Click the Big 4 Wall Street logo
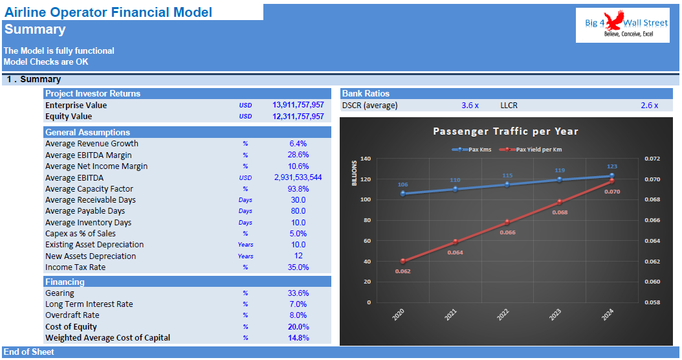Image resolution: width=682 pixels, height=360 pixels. pyautogui.click(x=622, y=26)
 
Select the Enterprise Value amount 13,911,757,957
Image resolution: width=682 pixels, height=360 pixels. pyautogui.click(x=298, y=105)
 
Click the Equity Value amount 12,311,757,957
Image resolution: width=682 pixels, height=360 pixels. pyautogui.click(x=298, y=117)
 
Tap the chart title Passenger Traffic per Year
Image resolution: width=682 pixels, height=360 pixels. pyautogui.click(x=505, y=131)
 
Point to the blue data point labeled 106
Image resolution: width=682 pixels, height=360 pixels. pyautogui.click(x=402, y=194)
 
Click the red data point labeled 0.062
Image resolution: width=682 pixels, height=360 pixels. pyautogui.click(x=402, y=261)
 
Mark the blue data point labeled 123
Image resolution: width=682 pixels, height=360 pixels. pyautogui.click(x=611, y=175)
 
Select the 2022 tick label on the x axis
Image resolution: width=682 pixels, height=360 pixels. pyautogui.click(x=503, y=315)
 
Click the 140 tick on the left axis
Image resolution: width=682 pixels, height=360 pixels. pyautogui.click(x=365, y=159)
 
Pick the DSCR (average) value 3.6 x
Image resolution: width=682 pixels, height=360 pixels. pyautogui.click(x=470, y=105)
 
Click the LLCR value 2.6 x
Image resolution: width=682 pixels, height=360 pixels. pyautogui.click(x=649, y=105)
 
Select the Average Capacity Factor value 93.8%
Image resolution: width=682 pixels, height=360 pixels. pyautogui.click(x=298, y=189)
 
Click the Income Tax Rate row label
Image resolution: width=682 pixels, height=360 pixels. pyautogui.click(x=75, y=267)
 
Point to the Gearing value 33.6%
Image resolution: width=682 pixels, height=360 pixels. pyautogui.click(x=298, y=293)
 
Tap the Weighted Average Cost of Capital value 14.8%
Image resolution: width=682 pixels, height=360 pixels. pyautogui.click(x=298, y=338)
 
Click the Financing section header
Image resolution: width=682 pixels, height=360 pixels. pyautogui.click(x=65, y=282)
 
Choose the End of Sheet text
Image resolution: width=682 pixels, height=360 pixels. pyautogui.click(x=29, y=352)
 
